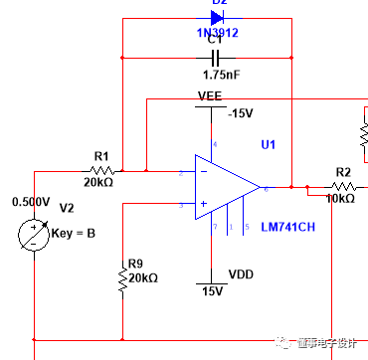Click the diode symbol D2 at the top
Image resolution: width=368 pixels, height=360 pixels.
click(x=217, y=17)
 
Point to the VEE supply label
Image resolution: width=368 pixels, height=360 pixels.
click(x=210, y=96)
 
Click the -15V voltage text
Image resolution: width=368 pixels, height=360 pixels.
click(x=242, y=113)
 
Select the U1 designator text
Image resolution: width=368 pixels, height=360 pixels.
click(x=268, y=145)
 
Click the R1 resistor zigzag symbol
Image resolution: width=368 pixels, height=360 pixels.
click(x=100, y=171)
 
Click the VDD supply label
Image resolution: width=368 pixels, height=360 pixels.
click(x=242, y=272)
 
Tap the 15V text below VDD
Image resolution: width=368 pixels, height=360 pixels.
click(x=211, y=292)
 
